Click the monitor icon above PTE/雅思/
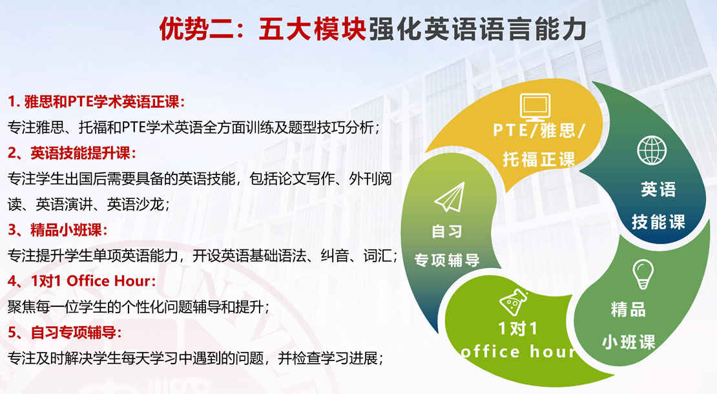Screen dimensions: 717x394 535,107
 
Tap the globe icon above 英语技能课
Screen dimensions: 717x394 652,150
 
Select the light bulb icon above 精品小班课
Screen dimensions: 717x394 643,275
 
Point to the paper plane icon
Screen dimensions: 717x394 450,197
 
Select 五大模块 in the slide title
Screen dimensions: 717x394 313,29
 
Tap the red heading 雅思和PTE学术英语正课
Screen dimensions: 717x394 101,101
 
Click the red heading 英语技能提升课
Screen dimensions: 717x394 81,153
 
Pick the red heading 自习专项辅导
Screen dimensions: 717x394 73,332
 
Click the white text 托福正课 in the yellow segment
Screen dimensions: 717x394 539,160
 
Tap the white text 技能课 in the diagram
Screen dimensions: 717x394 658,222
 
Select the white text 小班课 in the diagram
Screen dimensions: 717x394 629,342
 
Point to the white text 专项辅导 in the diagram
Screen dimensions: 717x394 447,260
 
